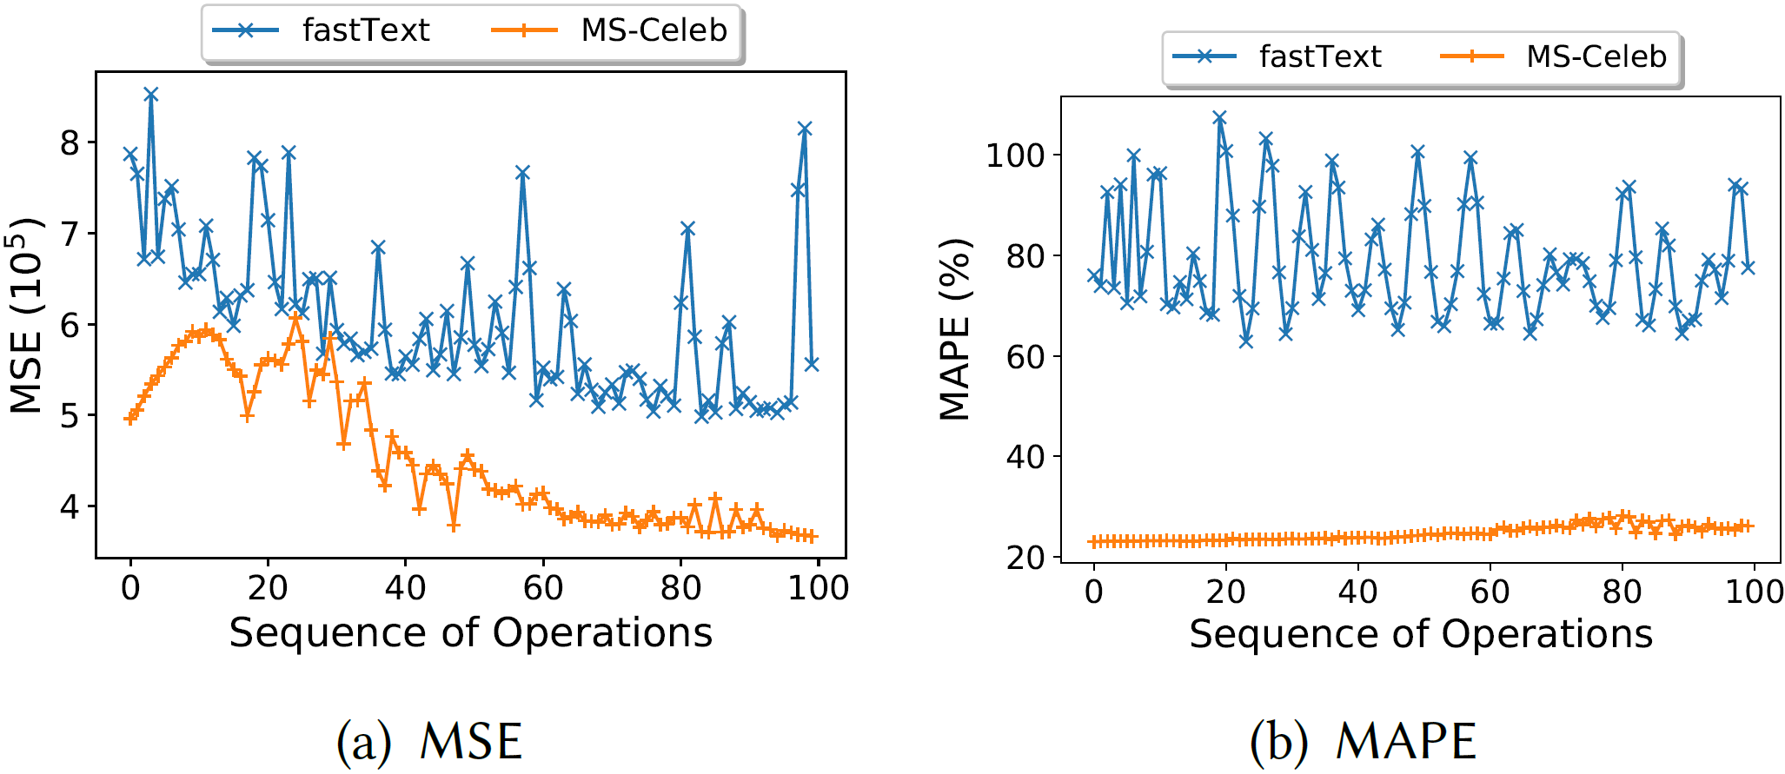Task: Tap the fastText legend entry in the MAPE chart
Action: [x=1277, y=56]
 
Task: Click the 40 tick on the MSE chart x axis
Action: [x=405, y=588]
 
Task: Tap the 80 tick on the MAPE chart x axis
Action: [x=1622, y=592]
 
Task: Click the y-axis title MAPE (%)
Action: [x=955, y=329]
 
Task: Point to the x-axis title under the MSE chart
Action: [x=470, y=632]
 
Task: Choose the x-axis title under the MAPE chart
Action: [x=1421, y=634]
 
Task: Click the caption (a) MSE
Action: [x=429, y=741]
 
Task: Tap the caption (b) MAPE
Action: [x=1363, y=741]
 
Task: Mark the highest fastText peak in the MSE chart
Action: [x=151, y=95]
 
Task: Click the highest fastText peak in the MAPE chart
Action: [x=1220, y=117]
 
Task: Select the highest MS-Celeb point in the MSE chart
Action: [x=295, y=318]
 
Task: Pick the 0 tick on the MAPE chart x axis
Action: [x=1094, y=592]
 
